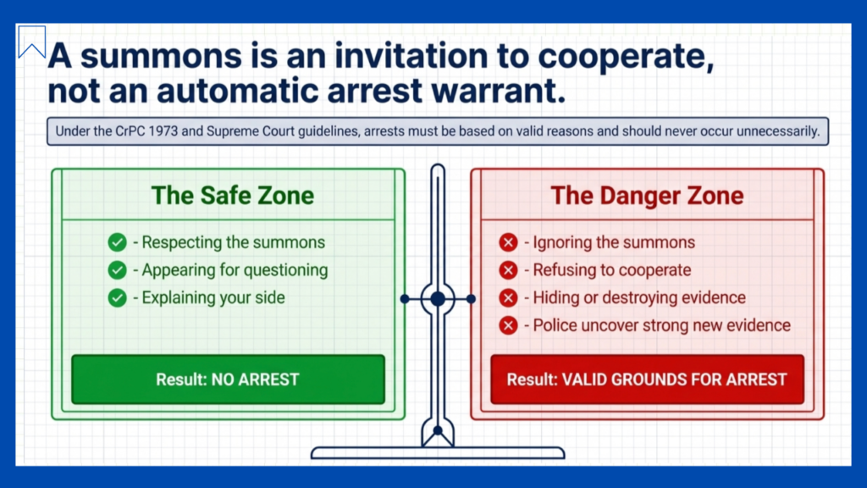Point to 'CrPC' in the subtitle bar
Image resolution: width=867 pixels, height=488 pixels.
(x=130, y=131)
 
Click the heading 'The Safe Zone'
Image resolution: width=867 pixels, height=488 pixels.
(x=233, y=196)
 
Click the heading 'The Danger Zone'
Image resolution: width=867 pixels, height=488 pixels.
(x=647, y=196)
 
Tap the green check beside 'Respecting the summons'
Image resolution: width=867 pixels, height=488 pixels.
(x=117, y=242)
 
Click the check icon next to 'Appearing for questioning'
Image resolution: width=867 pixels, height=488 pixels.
(x=117, y=270)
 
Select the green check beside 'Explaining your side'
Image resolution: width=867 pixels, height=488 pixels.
(x=117, y=297)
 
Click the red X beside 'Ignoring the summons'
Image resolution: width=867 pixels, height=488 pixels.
(x=508, y=242)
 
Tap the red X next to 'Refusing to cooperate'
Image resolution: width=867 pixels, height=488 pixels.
(x=508, y=270)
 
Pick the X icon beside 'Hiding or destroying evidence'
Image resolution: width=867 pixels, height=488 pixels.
(x=508, y=297)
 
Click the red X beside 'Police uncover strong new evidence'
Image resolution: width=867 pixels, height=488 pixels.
(x=508, y=325)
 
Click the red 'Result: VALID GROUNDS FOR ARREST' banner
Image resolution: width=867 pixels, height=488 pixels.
(x=647, y=380)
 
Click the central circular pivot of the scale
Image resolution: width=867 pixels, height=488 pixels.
(x=438, y=299)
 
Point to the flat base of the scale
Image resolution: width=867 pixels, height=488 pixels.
(x=438, y=453)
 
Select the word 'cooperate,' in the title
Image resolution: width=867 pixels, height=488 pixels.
(x=626, y=57)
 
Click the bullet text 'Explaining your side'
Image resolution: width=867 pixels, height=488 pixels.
(x=213, y=297)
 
